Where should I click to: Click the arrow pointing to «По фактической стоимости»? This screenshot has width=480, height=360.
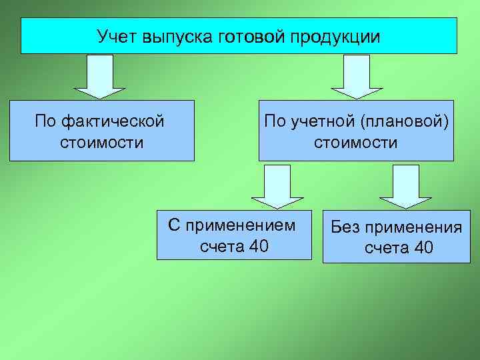coord(99,76)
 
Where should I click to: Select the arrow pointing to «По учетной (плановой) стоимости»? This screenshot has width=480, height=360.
coord(357,76)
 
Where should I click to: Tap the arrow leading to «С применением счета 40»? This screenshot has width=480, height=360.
coord(277,187)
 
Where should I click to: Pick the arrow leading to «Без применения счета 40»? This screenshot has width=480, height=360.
coord(405,187)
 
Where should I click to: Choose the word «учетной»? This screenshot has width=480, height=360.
coord(319,122)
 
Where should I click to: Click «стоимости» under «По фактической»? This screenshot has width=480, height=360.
coord(101,143)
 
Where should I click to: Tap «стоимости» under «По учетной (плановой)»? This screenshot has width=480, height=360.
coord(355,143)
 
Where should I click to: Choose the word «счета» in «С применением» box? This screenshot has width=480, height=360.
coord(221,247)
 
